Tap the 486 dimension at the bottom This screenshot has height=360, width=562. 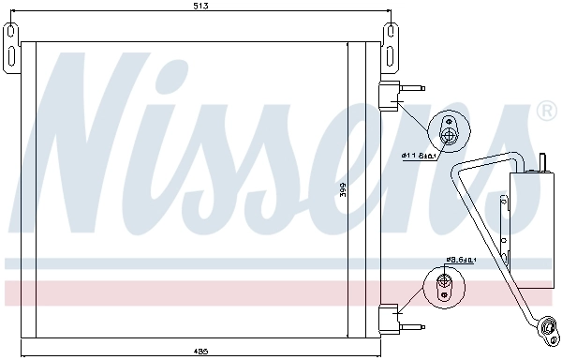[201, 352]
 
